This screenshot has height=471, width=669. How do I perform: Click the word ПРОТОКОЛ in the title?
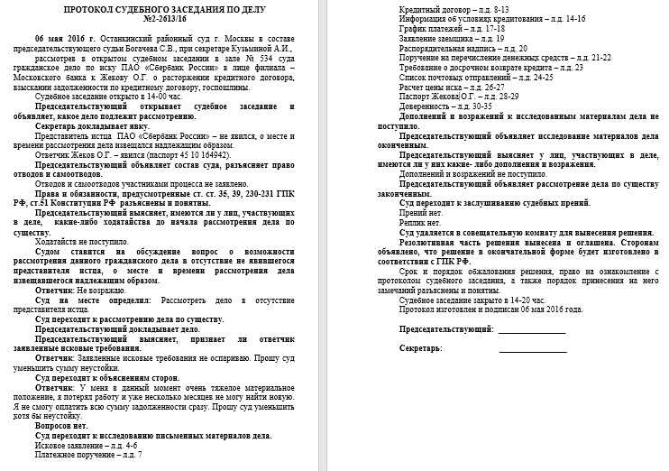point(93,9)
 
